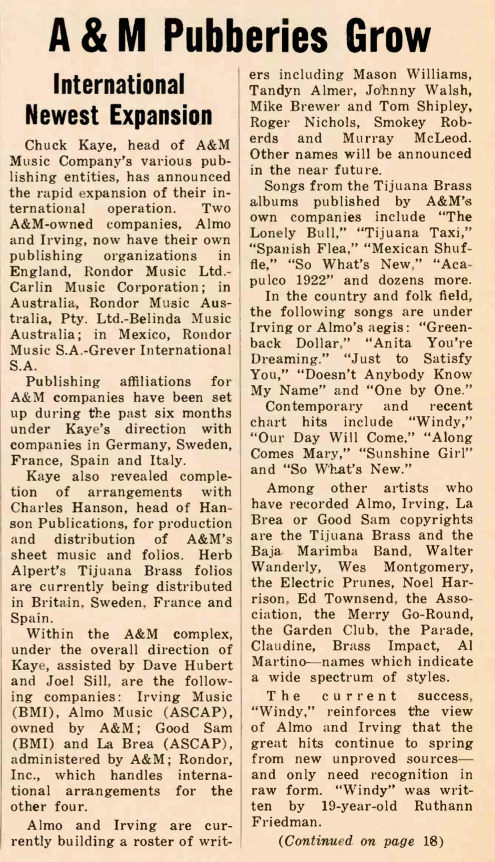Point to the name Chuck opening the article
click(46, 145)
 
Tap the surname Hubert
click(208, 665)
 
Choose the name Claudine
click(281, 646)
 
